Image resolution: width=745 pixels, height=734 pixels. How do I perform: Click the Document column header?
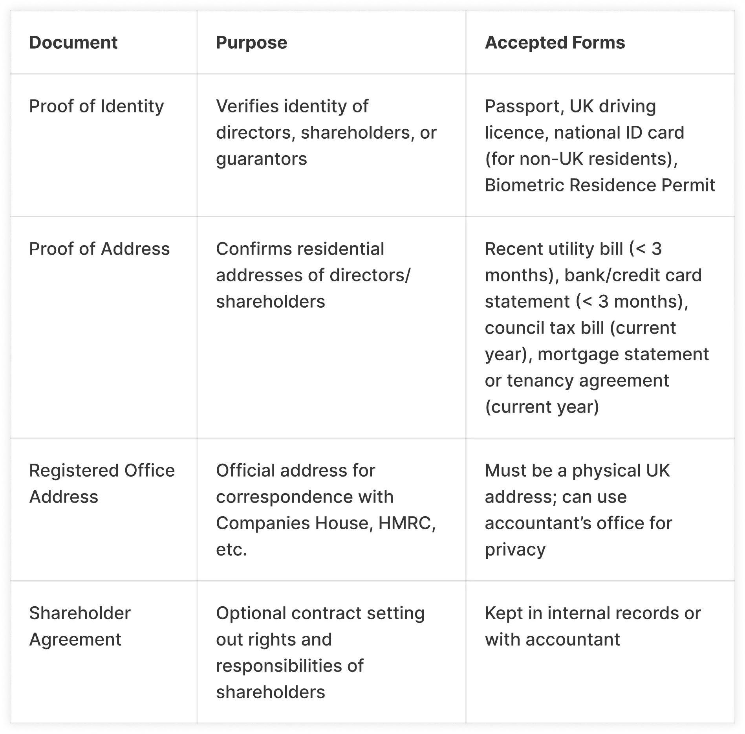pos(73,42)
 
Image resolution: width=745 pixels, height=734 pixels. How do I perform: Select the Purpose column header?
pos(251,42)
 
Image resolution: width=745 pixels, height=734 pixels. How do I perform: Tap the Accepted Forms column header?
pos(555,42)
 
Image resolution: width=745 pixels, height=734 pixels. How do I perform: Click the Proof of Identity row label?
pos(96,106)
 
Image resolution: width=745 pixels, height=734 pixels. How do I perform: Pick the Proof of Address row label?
pos(99,249)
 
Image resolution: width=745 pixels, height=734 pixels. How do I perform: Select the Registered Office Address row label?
pos(102,483)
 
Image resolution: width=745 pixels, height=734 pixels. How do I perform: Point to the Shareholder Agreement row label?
pos(80,626)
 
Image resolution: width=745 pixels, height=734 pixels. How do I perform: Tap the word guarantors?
pos(261,159)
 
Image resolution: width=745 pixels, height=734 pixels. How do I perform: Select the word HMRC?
pos(406,523)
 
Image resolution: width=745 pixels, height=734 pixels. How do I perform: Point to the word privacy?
pos(515,550)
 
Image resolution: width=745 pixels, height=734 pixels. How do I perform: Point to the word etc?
pos(231,550)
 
